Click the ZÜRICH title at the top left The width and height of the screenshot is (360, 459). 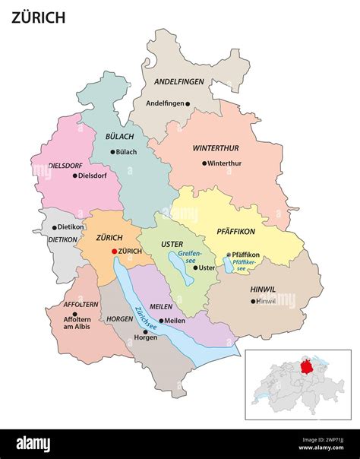[x=38, y=17]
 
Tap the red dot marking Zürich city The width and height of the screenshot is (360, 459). [x=115, y=251]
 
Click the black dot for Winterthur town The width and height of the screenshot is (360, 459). [x=204, y=163]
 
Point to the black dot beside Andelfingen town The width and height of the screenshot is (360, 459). [x=188, y=103]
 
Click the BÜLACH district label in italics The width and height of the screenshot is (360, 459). [x=115, y=136]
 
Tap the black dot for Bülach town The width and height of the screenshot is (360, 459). [x=113, y=151]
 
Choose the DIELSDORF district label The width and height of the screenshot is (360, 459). [x=65, y=164]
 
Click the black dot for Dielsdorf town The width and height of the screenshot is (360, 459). [x=75, y=176]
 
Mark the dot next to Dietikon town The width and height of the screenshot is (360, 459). [x=54, y=226]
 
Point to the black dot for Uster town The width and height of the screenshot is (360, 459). [x=194, y=267]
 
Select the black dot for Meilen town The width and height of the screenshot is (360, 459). [x=161, y=321]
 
